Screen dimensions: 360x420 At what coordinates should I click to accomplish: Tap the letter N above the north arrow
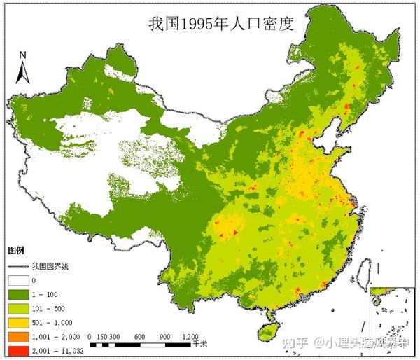tap(22, 54)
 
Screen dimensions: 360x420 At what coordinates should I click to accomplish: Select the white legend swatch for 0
tap(17, 281)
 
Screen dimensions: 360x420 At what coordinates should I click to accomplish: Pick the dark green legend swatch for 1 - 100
tap(17, 295)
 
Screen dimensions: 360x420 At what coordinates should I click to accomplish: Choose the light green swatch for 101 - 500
tap(17, 309)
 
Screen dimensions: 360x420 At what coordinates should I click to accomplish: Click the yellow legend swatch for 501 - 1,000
tap(17, 323)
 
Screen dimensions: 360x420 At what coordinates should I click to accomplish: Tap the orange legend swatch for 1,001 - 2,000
tap(17, 337)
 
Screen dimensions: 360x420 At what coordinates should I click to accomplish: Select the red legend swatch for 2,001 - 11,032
tap(17, 350)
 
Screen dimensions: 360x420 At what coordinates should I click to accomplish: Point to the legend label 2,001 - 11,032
tap(57, 350)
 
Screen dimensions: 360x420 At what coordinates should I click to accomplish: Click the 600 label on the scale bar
tap(139, 337)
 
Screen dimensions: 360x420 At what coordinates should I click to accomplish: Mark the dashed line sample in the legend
tap(17, 267)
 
